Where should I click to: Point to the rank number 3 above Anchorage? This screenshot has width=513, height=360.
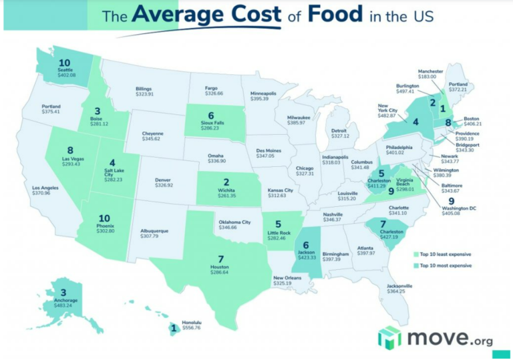point(63,292)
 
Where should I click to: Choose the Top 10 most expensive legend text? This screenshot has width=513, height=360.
point(447,265)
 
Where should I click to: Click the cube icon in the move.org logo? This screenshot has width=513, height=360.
point(389,337)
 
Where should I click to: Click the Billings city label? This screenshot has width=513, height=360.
point(144,89)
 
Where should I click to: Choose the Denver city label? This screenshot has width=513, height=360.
point(163,179)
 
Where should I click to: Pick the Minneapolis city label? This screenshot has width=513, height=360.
point(264,93)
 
